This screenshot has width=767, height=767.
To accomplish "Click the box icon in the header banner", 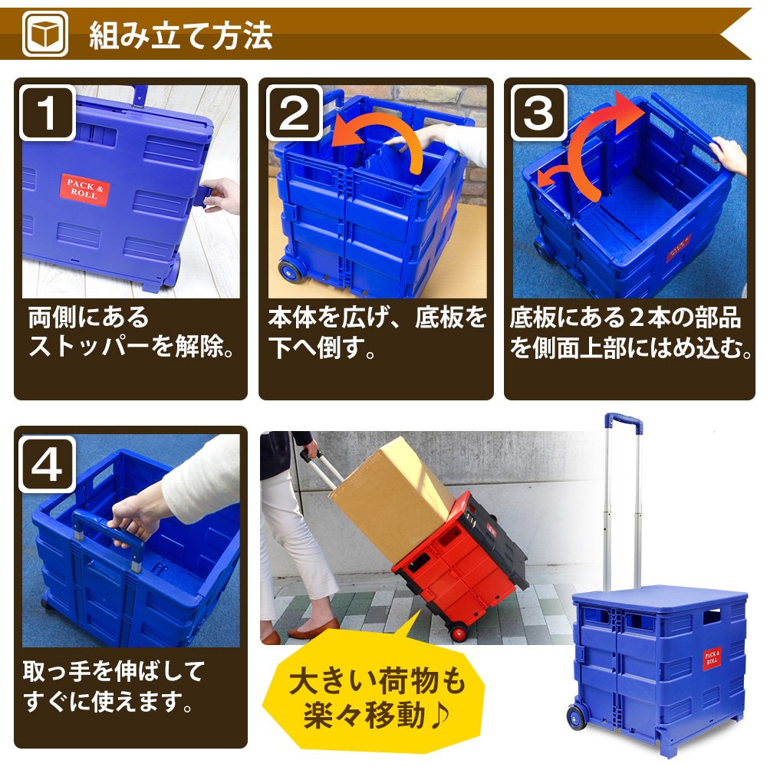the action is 45,34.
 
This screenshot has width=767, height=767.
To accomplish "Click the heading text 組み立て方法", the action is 180,35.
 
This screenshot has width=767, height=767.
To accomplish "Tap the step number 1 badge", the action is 48,113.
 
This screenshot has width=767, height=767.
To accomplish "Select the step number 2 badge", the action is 294,113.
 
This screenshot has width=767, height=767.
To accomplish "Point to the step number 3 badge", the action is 539,113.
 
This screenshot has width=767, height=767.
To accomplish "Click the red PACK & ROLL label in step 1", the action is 85,189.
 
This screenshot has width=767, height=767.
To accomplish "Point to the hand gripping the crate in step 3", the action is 728,155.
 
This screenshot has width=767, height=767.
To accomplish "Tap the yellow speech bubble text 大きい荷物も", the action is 377,680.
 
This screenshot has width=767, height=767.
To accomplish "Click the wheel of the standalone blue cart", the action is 578,717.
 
